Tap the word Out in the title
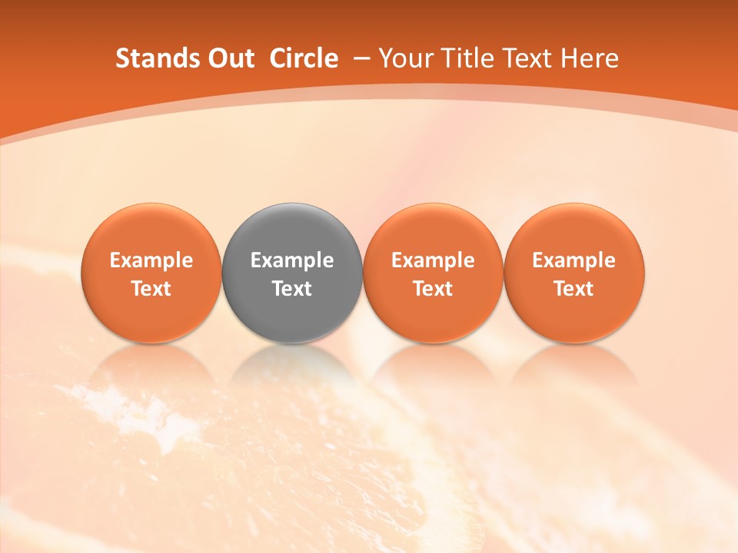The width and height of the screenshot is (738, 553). (230, 58)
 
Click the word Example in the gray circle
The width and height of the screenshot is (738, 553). (292, 260)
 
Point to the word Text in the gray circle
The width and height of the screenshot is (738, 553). (292, 289)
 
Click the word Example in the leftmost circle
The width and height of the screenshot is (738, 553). (151, 260)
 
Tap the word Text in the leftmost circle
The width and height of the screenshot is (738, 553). (151, 289)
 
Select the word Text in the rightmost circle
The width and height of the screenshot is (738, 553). (574, 289)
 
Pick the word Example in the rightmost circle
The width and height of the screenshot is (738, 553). (574, 260)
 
